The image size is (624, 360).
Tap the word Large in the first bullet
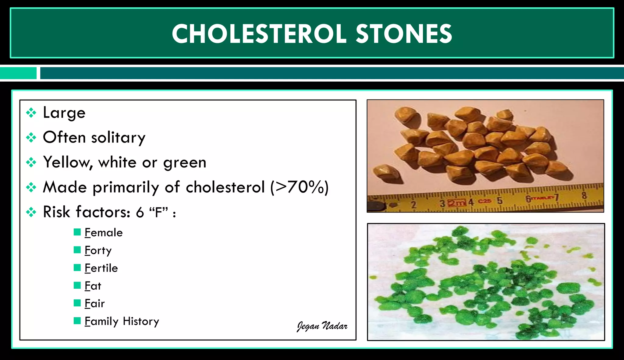tap(64, 113)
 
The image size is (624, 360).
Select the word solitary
tap(118, 138)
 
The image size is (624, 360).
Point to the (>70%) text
tap(300, 187)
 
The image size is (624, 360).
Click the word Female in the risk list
tap(104, 233)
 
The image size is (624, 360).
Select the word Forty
tap(98, 251)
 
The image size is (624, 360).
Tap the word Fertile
tap(101, 268)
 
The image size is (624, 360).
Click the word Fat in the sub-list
tap(93, 286)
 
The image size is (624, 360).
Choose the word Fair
tap(94, 304)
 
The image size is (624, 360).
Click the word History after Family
tap(141, 321)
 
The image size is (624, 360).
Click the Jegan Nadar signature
tap(322, 326)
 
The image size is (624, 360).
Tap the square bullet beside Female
tap(77, 232)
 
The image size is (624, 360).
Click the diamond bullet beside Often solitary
tap(31, 138)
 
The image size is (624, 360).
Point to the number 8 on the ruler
tap(584, 195)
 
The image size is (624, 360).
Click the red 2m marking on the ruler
tap(457, 203)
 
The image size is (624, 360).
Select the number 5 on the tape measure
tap(499, 201)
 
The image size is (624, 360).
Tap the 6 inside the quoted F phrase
tap(140, 212)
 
